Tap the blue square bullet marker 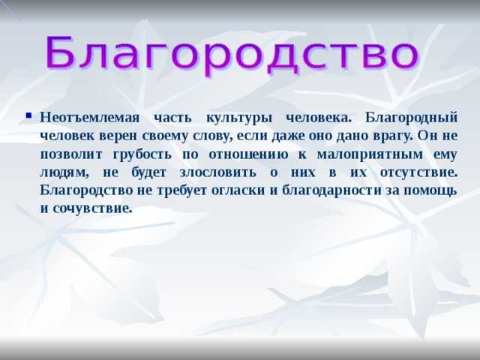(x=29, y=115)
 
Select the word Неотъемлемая (x=90, y=117)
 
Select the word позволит (x=71, y=154)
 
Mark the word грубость (x=142, y=154)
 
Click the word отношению (x=248, y=154)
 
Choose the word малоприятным (x=370, y=154)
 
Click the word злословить (x=217, y=172)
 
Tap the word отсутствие (x=418, y=172)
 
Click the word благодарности (x=331, y=191)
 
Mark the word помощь (x=430, y=191)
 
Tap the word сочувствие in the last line (x=92, y=209)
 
